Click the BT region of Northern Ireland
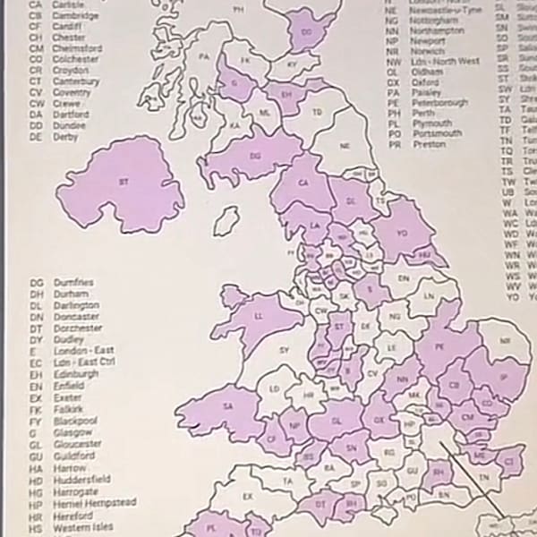pos(123,182)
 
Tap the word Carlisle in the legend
pos(69,4)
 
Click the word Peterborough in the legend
pos(439,103)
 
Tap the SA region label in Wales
pos(227,406)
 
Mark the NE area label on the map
pos(344,145)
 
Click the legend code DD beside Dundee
pos(36,126)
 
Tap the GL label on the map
pos(337,418)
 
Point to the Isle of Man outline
pos(227,217)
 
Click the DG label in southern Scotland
pos(256,156)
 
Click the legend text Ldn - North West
pos(446,62)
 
